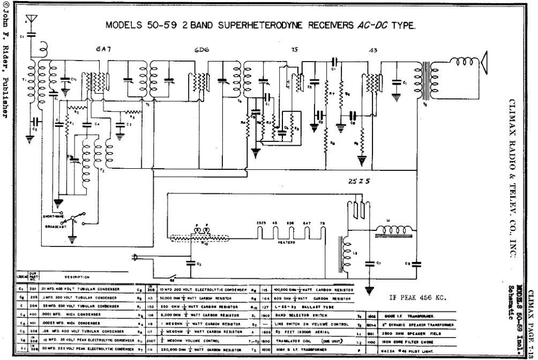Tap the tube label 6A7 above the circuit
[x=103, y=50]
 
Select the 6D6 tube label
[x=201, y=50]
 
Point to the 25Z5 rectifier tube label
[x=356, y=182]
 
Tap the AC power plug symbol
[x=136, y=258]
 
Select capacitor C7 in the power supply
[x=369, y=264]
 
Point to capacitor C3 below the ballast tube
[x=190, y=263]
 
